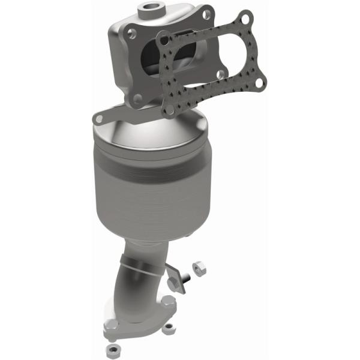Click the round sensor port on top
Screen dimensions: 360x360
tap(147, 10)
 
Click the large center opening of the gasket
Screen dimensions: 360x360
tap(204, 60)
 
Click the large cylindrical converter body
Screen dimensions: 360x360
tap(147, 192)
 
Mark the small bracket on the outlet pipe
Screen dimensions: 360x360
tap(174, 277)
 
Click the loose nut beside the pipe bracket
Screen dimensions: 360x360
tap(199, 266)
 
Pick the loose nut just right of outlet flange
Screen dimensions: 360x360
tap(170, 329)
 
